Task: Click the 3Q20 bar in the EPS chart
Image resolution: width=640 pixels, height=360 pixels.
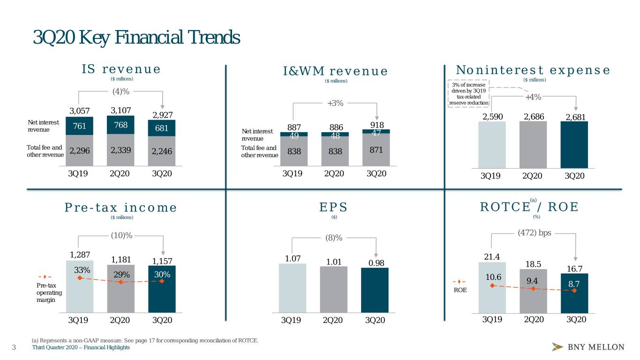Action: tap(375, 290)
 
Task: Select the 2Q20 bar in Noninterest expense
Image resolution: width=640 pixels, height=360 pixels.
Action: tap(533, 145)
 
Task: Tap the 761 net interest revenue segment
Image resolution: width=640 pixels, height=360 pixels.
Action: tap(79, 126)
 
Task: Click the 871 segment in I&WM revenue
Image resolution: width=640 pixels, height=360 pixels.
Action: tap(376, 150)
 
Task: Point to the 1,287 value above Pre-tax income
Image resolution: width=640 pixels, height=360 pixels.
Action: tap(80, 255)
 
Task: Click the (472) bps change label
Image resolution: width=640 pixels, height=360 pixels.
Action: tap(535, 233)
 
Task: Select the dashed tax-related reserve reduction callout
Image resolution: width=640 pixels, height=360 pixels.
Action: tap(468, 94)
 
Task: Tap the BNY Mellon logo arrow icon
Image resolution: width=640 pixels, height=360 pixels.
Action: tap(557, 346)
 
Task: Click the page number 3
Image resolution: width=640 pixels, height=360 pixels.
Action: tap(14, 347)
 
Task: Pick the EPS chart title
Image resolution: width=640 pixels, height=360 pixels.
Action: tap(333, 207)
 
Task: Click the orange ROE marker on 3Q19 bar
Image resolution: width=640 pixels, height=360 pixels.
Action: tap(492, 285)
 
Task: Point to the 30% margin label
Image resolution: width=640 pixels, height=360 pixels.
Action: tap(162, 275)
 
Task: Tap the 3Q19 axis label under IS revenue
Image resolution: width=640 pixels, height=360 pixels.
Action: tap(78, 173)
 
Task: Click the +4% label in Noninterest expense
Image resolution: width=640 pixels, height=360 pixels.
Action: tap(533, 97)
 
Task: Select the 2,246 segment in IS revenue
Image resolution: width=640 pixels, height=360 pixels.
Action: tap(162, 151)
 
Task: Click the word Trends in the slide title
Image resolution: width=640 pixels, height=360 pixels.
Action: tap(214, 37)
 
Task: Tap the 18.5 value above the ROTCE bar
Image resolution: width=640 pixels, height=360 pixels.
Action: tap(533, 264)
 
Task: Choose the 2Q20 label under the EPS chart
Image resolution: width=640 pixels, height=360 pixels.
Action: tap(333, 320)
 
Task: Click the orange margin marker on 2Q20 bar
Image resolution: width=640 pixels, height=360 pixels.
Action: tap(121, 282)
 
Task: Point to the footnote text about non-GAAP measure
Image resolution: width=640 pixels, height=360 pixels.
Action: tap(145, 340)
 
